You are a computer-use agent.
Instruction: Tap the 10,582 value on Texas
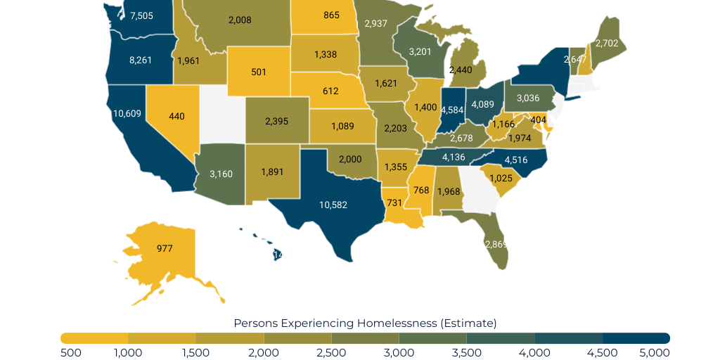[x=333, y=205]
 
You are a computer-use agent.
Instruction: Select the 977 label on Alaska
[x=165, y=248]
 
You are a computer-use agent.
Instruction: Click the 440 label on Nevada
[x=176, y=116]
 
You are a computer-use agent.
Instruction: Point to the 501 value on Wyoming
[x=258, y=71]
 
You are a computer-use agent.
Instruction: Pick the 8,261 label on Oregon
[x=141, y=60]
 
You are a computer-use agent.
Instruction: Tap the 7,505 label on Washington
[x=142, y=15]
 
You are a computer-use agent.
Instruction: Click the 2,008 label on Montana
[x=240, y=20]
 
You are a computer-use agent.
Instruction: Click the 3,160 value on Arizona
[x=221, y=173]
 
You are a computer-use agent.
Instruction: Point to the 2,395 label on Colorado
[x=276, y=121]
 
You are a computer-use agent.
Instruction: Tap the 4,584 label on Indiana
[x=451, y=110]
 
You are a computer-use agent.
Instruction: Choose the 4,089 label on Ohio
[x=482, y=104]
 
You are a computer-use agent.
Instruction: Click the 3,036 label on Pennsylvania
[x=528, y=97]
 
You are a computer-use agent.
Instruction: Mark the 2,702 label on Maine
[x=607, y=43]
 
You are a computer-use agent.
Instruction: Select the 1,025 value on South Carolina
[x=501, y=178]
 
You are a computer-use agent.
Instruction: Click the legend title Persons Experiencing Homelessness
[x=365, y=323]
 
